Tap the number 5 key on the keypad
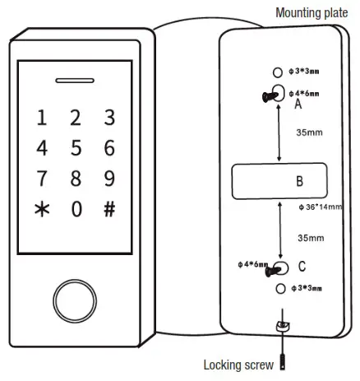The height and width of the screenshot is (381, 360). tap(76, 148)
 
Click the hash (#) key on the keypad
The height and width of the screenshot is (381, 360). tap(109, 209)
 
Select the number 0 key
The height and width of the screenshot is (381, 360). tap(76, 209)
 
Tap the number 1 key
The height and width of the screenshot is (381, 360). tap(42, 118)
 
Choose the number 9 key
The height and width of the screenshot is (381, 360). tap(109, 179)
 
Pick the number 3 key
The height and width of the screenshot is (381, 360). tap(109, 118)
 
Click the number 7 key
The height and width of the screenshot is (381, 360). tap(42, 179)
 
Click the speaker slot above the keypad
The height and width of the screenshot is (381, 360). tap(76, 81)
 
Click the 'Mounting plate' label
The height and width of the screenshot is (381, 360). tap(312, 12)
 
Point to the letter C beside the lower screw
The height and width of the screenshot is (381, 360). tap(302, 267)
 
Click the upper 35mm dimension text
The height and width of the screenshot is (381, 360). tap(309, 132)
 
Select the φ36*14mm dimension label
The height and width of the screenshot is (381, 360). tap(323, 207)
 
